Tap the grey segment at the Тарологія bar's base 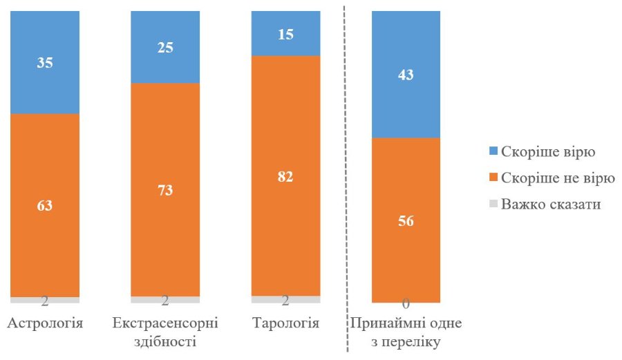click(285, 299)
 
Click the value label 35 click(45, 62)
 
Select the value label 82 click(285, 176)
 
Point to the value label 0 click(406, 303)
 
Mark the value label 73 click(165, 190)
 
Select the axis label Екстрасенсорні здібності click(165, 332)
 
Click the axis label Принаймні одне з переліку click(406, 332)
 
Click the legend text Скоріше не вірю click(558, 178)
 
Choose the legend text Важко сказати click(550, 204)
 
